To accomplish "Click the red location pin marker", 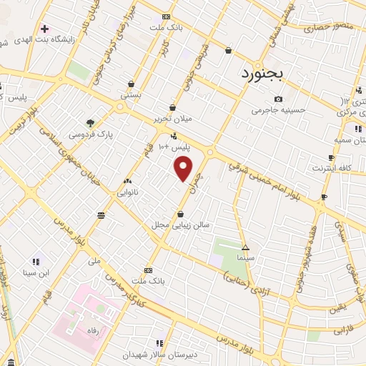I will pyautogui.click(x=184, y=168).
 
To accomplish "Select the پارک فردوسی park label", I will pyautogui.click(x=91, y=134).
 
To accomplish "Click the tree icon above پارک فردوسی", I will pyautogui.click(x=90, y=122).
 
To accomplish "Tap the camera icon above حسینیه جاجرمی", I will pyautogui.click(x=278, y=99).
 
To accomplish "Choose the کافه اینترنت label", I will pyautogui.click(x=331, y=168).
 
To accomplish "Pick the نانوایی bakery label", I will pyautogui.click(x=129, y=192).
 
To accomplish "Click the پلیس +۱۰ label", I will pyautogui.click(x=171, y=147).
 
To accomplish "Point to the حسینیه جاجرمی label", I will pyautogui.click(x=278, y=111).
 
